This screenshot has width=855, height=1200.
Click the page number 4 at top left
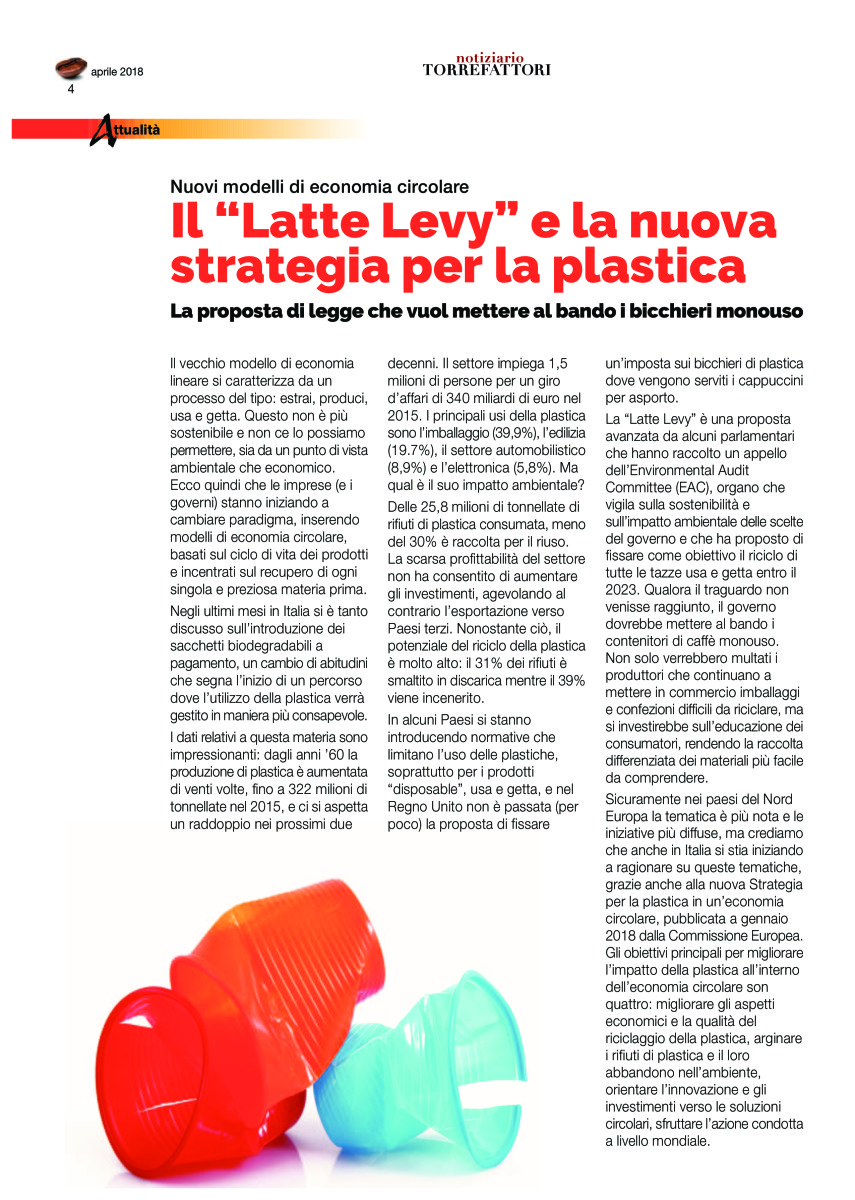click(71, 89)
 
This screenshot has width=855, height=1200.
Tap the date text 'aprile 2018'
click(117, 72)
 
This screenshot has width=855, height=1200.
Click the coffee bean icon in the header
click(71, 69)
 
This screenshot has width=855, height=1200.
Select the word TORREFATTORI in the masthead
click(486, 70)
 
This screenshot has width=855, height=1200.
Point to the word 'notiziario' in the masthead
click(487, 58)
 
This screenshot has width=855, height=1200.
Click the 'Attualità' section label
click(126, 130)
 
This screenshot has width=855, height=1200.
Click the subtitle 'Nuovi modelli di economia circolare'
click(319, 187)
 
